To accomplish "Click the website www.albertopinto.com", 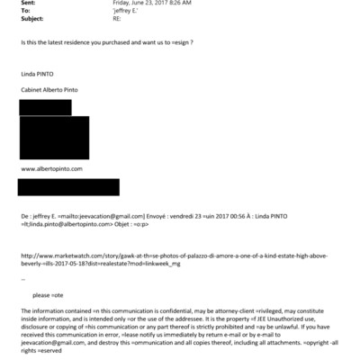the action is [x=52, y=168].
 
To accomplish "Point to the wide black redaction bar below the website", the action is [x=69, y=186].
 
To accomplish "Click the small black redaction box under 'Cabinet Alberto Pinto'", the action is [x=45, y=107].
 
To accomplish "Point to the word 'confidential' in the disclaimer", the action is [x=142, y=310].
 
